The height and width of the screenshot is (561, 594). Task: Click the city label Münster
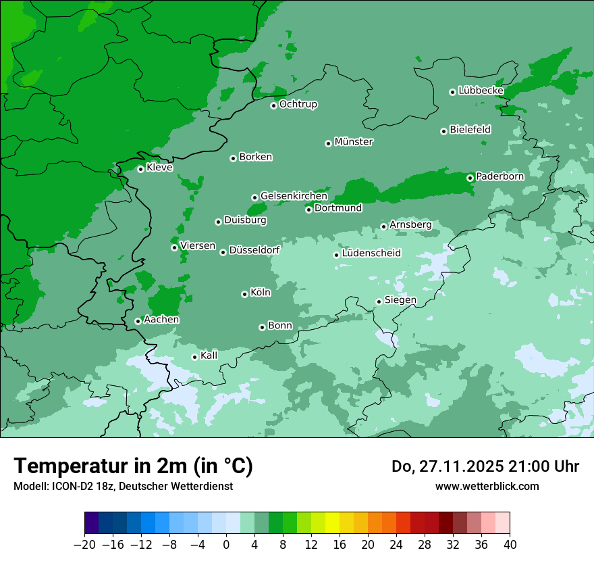point(354,142)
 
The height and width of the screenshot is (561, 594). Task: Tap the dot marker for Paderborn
point(470,178)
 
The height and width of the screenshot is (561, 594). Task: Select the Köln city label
point(261,293)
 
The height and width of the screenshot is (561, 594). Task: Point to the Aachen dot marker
point(138,321)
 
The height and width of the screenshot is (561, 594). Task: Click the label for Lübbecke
point(481,91)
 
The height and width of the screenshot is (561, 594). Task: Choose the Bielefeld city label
point(470,130)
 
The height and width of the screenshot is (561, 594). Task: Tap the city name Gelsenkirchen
point(294,196)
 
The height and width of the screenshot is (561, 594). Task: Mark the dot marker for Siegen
point(379,301)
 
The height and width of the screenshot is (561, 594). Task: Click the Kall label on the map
point(209,356)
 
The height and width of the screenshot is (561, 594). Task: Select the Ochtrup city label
point(298,104)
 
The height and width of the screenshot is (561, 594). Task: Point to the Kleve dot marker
point(140,169)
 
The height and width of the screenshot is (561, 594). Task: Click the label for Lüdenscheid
point(371,253)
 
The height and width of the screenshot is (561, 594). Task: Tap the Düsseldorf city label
point(254,250)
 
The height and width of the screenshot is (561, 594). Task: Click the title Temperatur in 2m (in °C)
point(134,466)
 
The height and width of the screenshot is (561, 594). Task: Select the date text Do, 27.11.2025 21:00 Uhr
point(485,466)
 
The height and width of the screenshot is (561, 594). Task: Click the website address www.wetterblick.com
point(487,486)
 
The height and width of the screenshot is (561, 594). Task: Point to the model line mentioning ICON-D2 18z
point(123,486)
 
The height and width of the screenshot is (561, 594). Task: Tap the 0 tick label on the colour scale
point(226,545)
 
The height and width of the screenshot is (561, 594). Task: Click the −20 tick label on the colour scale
point(84,545)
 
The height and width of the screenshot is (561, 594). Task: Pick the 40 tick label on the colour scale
point(510,545)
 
